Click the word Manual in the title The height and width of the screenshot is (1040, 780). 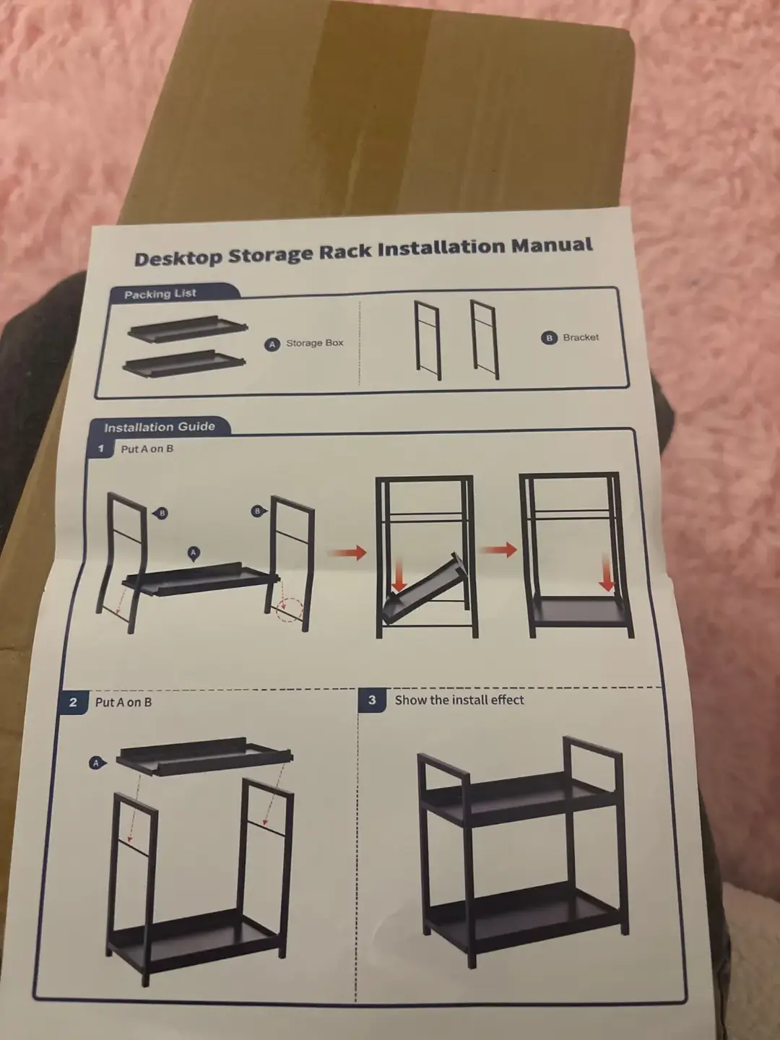552,246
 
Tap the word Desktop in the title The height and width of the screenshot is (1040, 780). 178,258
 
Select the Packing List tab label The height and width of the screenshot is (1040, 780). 160,294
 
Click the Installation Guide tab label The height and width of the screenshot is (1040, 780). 160,428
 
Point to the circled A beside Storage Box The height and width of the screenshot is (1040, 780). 272,345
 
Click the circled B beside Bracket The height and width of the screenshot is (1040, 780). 549,338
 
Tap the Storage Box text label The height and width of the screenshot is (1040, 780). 314,342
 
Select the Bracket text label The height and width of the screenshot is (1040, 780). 581,337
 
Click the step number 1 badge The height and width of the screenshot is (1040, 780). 101,448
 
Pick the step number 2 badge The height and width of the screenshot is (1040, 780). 72,702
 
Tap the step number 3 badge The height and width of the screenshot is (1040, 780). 372,700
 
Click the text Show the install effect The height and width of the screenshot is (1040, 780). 459,700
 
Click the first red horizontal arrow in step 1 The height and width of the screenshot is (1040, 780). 347,552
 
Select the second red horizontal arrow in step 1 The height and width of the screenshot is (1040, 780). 498,550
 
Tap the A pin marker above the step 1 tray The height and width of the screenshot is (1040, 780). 194,553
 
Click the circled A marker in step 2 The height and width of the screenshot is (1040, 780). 97,763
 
